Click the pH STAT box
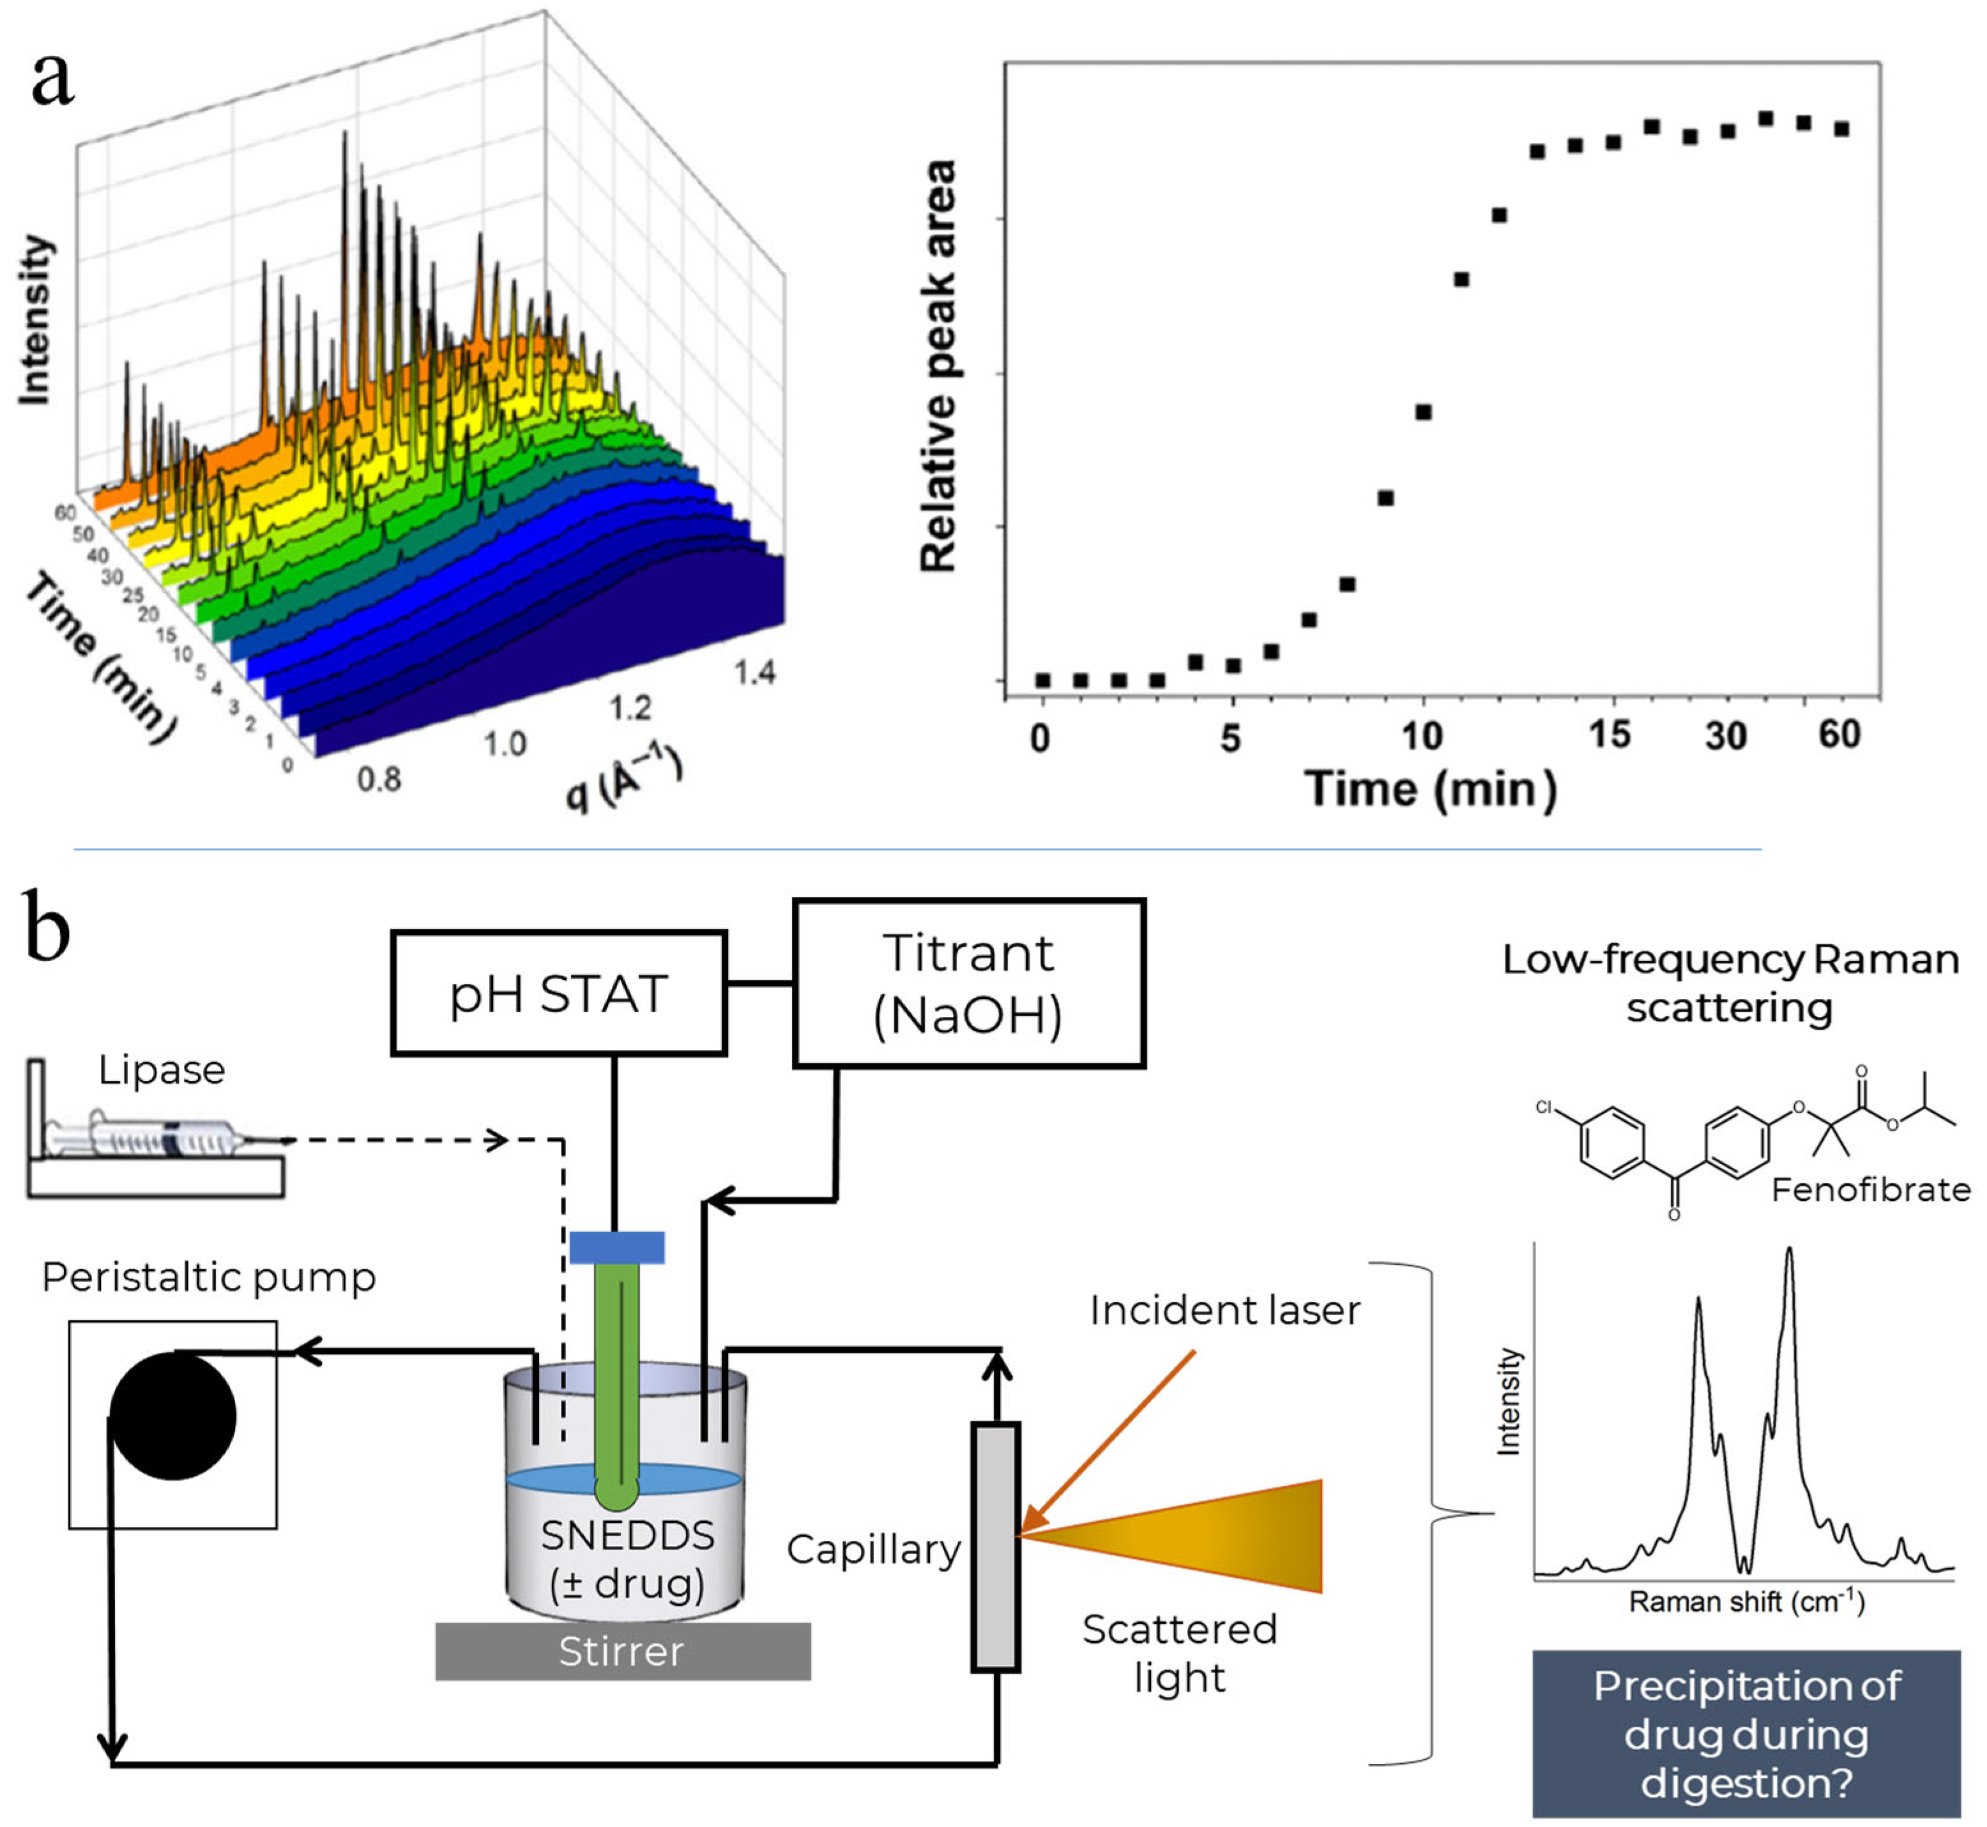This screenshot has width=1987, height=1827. point(558,993)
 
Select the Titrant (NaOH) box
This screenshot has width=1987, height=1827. point(969,984)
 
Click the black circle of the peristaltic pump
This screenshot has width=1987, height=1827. point(173,1416)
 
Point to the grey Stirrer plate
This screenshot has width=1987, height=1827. point(623,1652)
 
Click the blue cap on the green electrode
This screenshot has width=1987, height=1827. point(617,1248)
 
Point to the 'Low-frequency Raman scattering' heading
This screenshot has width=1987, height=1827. point(1730,984)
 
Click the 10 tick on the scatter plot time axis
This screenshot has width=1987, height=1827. point(1422,735)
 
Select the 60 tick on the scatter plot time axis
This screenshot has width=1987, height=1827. point(1839,735)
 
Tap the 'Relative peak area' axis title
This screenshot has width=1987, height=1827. point(939,366)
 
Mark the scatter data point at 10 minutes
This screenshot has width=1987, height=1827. point(1424,412)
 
